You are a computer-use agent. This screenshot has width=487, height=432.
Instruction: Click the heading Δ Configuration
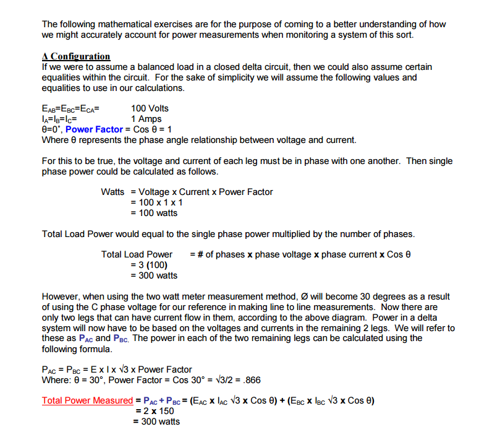click(x=76, y=56)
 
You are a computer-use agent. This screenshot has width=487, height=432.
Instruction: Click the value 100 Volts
click(x=150, y=108)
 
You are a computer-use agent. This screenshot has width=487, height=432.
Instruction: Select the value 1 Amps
click(x=146, y=119)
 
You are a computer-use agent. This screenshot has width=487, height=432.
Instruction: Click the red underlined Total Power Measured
click(x=87, y=400)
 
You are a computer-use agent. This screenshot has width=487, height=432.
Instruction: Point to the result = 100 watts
click(x=154, y=213)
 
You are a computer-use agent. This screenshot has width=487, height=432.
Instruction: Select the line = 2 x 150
click(x=155, y=411)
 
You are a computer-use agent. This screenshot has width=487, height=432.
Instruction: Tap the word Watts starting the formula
click(x=112, y=192)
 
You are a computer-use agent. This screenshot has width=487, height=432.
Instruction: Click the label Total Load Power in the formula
click(x=137, y=254)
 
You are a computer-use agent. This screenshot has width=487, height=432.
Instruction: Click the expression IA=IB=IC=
click(x=59, y=119)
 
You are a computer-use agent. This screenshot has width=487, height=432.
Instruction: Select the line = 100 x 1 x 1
click(x=156, y=202)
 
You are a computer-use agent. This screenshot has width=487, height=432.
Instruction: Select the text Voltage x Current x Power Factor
click(x=205, y=192)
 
